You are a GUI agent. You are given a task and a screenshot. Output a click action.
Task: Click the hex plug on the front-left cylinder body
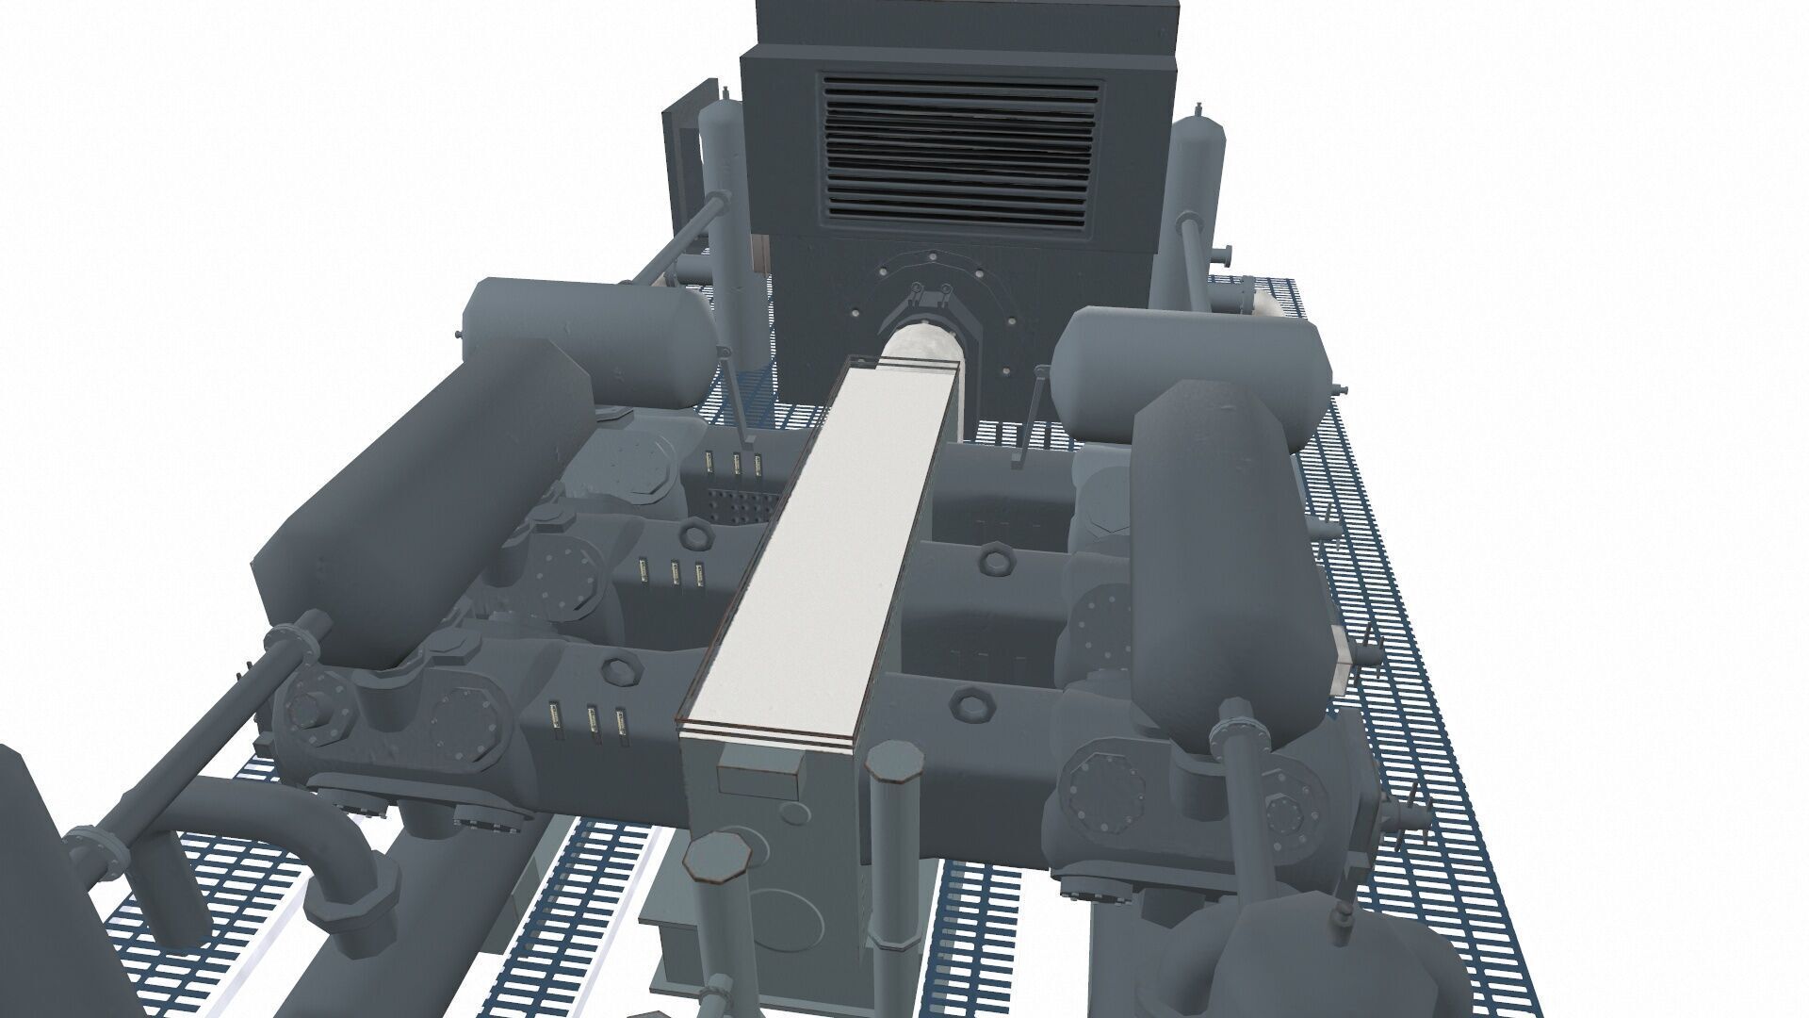click(618, 670)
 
